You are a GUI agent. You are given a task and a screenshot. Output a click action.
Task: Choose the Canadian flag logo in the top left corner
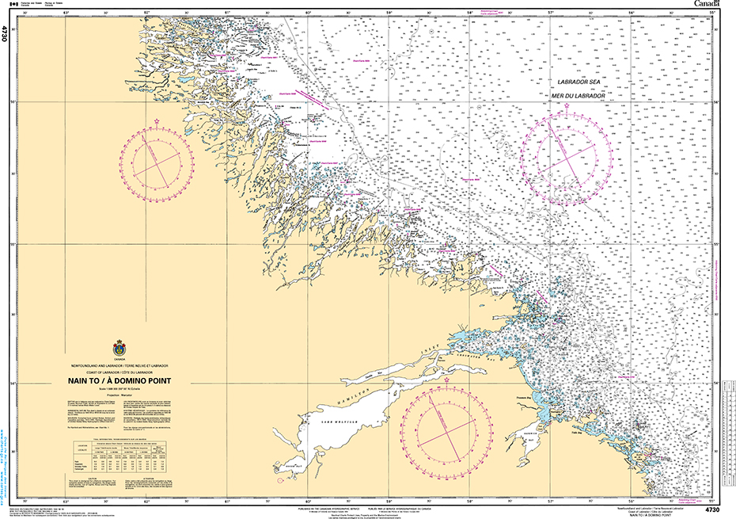point(11,5)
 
